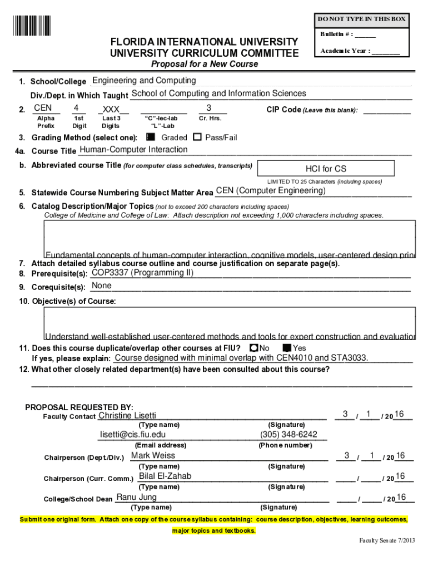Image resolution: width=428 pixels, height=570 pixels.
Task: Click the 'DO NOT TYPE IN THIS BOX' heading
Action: [361, 19]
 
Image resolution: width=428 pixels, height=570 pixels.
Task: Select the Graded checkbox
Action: [150, 137]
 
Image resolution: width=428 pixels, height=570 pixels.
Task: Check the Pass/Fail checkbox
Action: [197, 137]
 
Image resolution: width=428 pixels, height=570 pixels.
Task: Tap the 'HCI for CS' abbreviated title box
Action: [326, 169]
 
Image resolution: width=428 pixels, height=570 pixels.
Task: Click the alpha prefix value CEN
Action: [43, 107]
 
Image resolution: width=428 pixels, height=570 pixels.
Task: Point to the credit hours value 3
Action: [208, 107]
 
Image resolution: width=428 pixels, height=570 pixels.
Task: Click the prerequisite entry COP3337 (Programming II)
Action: [142, 273]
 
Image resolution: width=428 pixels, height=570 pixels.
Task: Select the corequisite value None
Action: [102, 286]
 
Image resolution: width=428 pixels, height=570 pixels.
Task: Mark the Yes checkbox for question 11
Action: [287, 348]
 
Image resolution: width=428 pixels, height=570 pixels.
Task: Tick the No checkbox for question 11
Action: [253, 348]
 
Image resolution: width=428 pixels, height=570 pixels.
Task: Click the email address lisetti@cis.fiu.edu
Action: [133, 435]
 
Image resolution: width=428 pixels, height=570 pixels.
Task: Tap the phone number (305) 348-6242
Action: [288, 435]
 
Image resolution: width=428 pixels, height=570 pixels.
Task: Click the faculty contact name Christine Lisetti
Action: [127, 416]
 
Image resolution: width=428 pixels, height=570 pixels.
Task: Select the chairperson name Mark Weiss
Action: [153, 455]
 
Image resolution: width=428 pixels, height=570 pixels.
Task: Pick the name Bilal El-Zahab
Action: [165, 476]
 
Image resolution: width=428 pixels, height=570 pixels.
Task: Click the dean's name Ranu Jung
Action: [136, 497]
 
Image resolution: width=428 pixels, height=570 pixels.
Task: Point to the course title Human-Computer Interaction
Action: [134, 150]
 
